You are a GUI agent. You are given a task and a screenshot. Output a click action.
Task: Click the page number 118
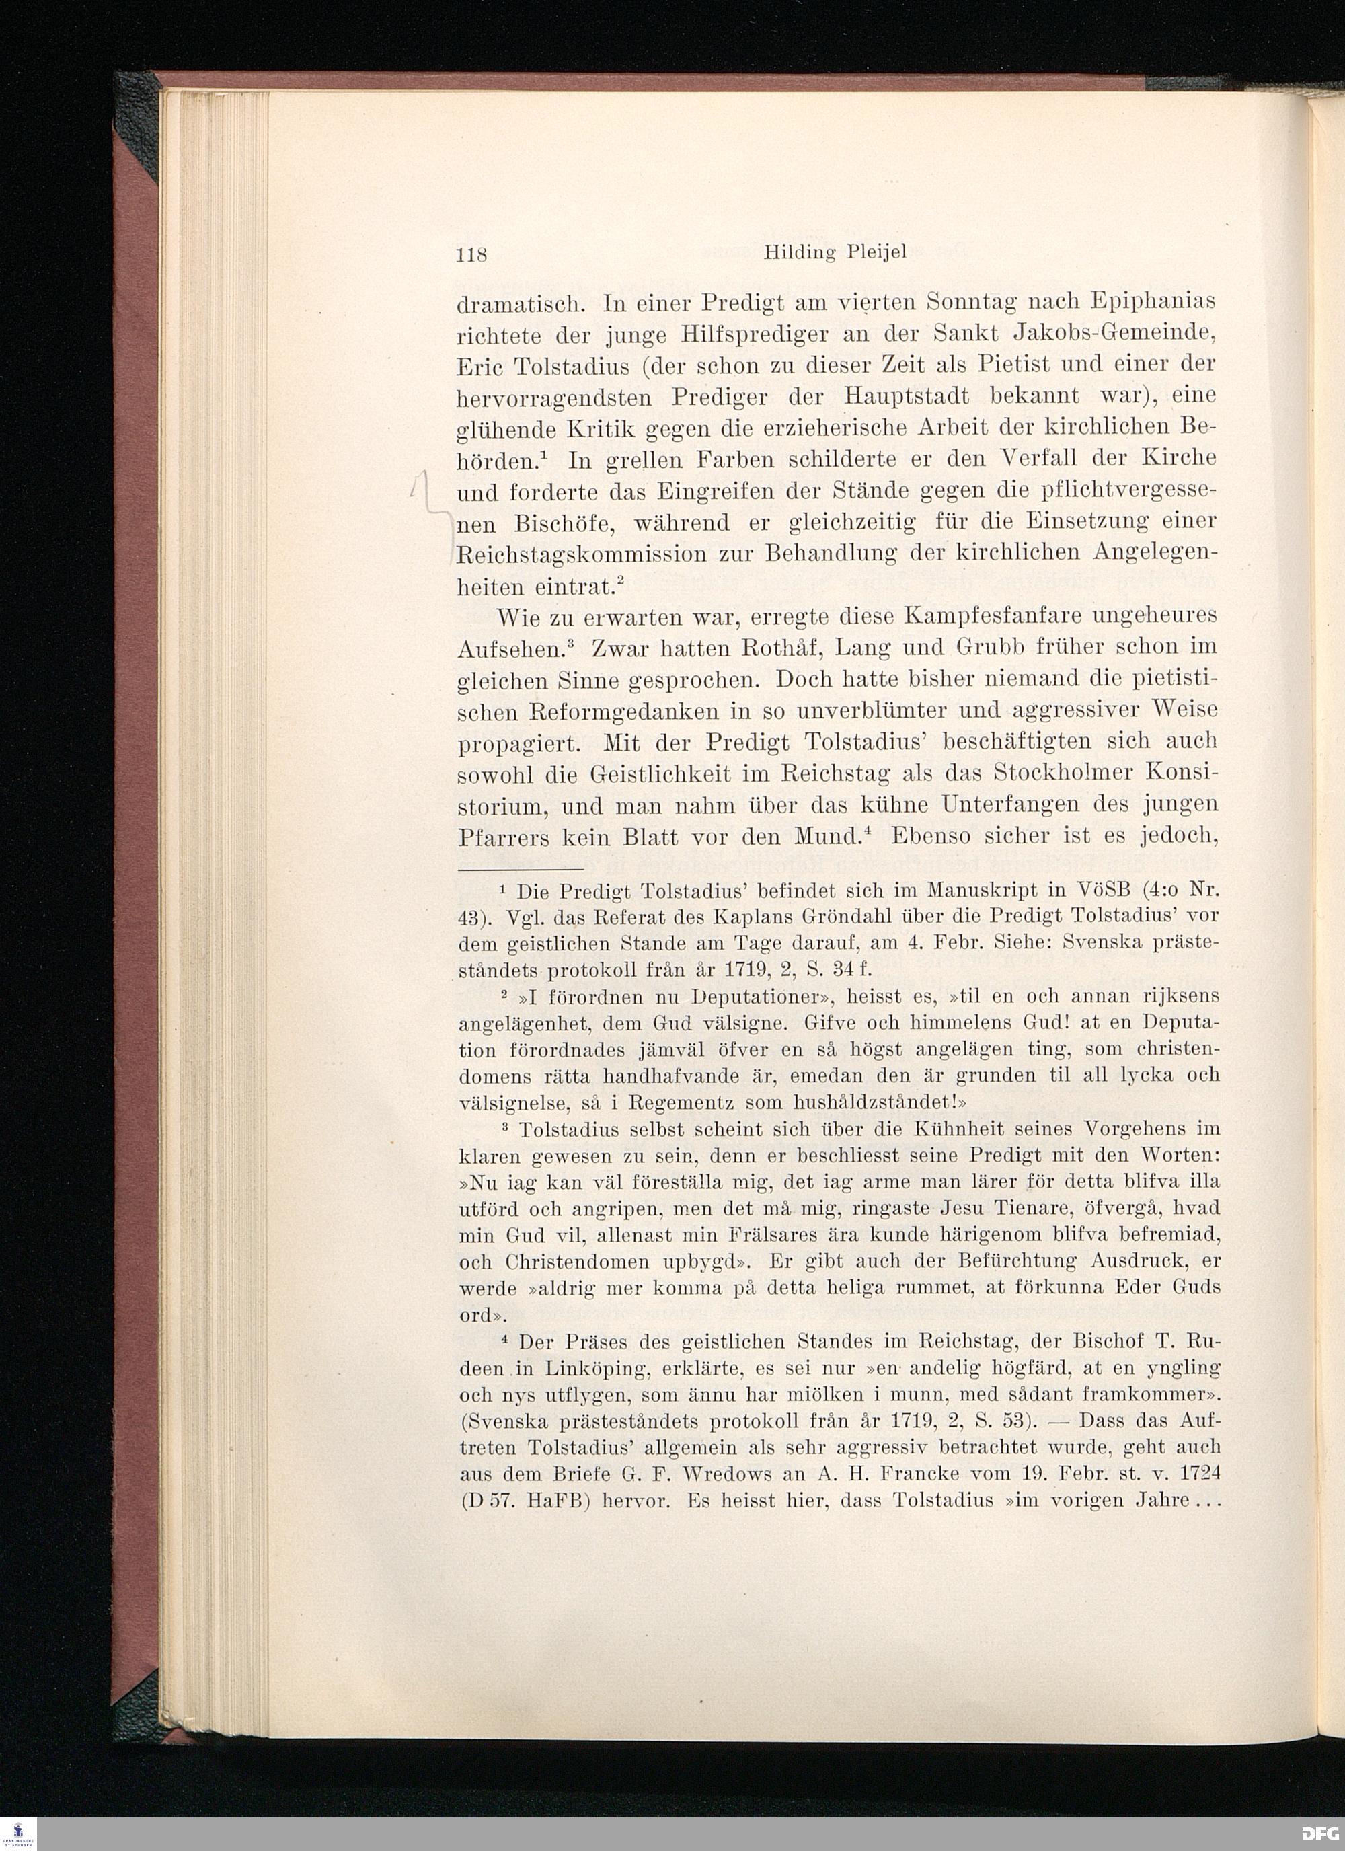(x=471, y=254)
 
